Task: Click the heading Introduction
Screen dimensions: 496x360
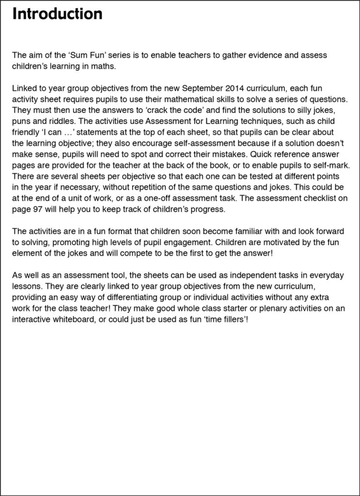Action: [x=57, y=14]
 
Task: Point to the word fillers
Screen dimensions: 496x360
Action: [x=228, y=319]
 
